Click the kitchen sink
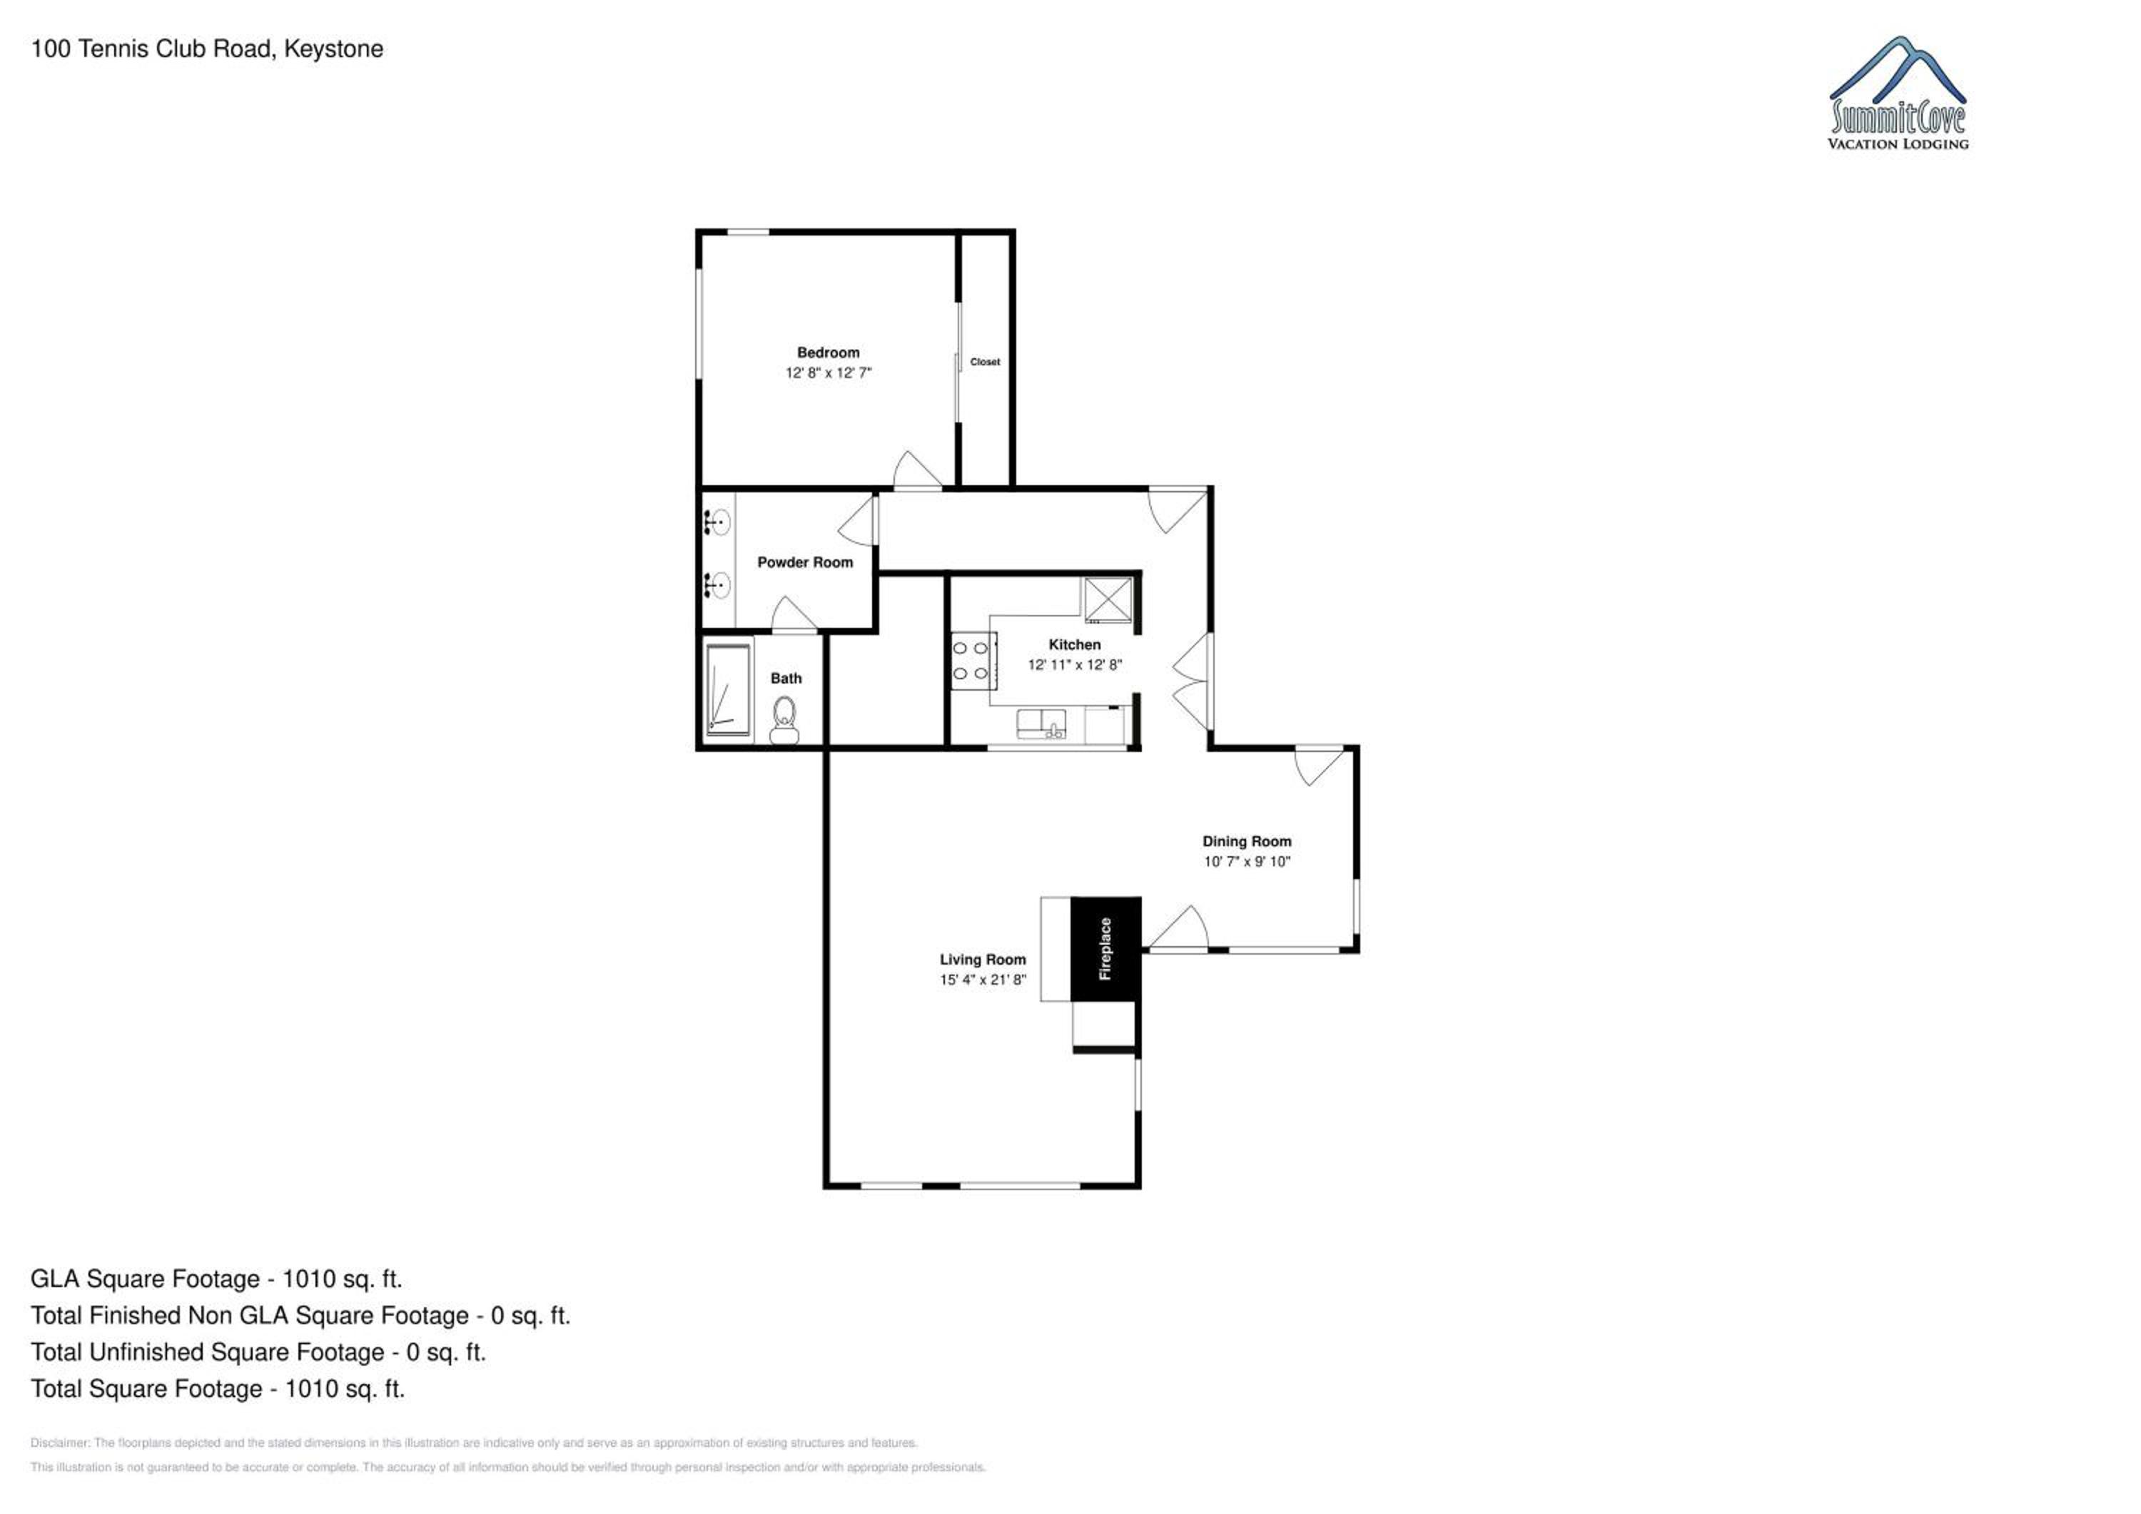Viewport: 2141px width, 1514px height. pos(1041,724)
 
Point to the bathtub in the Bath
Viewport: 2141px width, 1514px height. pos(727,690)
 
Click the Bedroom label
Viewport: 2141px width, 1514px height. pos(828,352)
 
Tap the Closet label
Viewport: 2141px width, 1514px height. pos(985,362)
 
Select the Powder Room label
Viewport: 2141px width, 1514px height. pos(805,562)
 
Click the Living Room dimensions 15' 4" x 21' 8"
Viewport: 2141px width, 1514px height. pos(983,980)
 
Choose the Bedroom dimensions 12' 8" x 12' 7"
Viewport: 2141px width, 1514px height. pos(828,373)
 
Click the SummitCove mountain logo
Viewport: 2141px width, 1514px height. pos(1898,93)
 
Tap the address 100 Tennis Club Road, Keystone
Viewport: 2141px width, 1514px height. pos(207,49)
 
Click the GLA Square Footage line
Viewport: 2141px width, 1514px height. pos(216,1279)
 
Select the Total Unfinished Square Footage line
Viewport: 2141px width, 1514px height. pos(258,1352)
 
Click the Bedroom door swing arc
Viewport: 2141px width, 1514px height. pos(918,468)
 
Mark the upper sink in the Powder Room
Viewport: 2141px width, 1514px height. pos(717,522)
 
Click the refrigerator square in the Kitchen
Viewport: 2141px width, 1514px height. pos(1108,599)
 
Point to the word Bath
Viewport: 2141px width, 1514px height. pos(786,678)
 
